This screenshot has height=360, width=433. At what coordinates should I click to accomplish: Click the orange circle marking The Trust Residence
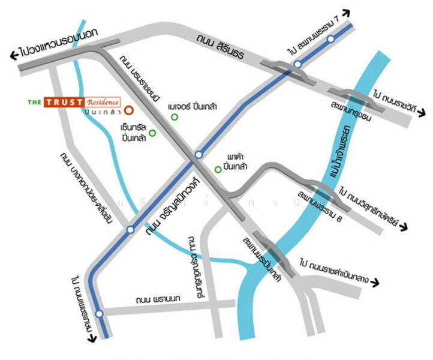click(129, 110)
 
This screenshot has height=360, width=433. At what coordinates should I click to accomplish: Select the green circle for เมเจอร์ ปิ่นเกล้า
click(175, 117)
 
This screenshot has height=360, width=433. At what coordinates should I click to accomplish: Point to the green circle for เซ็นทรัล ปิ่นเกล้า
click(152, 133)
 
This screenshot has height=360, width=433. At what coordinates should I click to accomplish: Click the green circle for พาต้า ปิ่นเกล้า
click(217, 169)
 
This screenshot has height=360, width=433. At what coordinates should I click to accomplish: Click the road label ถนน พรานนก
click(155, 299)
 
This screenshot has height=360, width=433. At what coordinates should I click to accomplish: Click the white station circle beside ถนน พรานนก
click(100, 313)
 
